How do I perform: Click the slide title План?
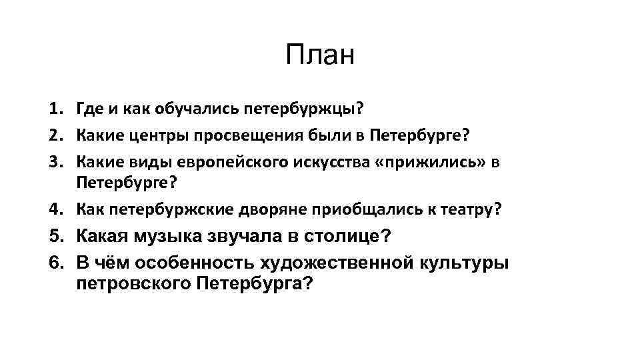pos(320,55)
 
